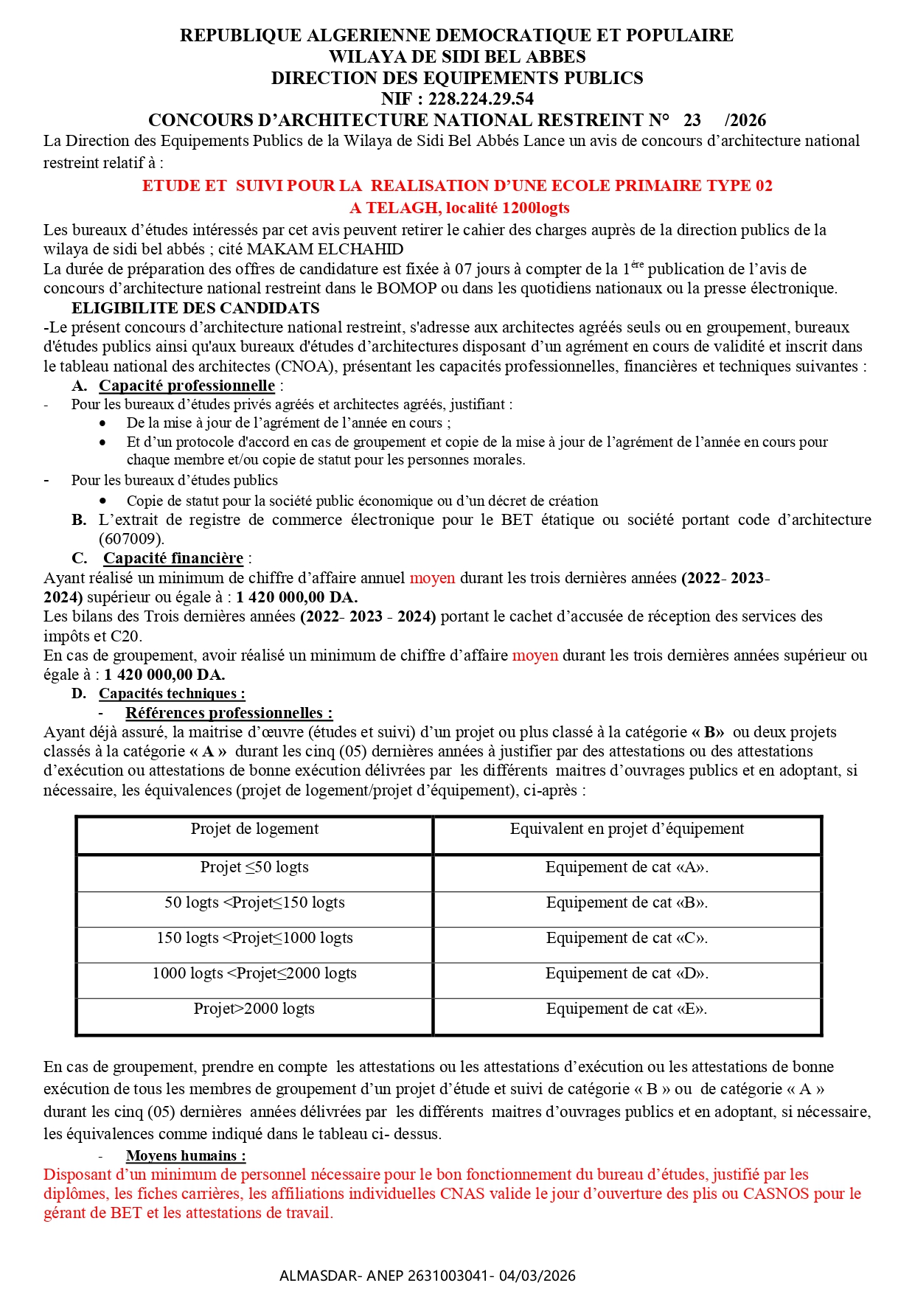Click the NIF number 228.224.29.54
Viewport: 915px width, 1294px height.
tap(481, 99)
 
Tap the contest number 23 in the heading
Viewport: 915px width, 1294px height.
tap(692, 120)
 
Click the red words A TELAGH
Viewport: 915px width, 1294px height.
tap(395, 208)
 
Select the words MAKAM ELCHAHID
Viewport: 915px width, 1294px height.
tap(325, 249)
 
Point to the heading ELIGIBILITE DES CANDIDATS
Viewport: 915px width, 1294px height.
tap(195, 308)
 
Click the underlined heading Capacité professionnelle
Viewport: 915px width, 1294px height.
tap(187, 386)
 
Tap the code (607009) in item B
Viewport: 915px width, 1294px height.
tap(131, 539)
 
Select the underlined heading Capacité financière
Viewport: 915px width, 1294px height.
tap(173, 558)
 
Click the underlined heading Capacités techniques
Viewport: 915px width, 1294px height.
tap(171, 693)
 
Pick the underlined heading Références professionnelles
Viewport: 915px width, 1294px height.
tap(229, 713)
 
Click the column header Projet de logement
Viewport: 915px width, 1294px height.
tap(254, 829)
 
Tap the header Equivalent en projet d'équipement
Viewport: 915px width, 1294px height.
tap(627, 829)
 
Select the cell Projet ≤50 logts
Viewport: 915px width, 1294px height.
tap(254, 867)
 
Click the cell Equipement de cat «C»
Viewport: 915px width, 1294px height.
tap(627, 938)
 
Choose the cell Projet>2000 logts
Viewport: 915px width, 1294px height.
tap(254, 1009)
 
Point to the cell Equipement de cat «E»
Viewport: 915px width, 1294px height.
tap(627, 1009)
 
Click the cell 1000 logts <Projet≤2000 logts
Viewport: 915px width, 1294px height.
tap(254, 973)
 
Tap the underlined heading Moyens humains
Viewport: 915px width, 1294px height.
tap(185, 1155)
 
